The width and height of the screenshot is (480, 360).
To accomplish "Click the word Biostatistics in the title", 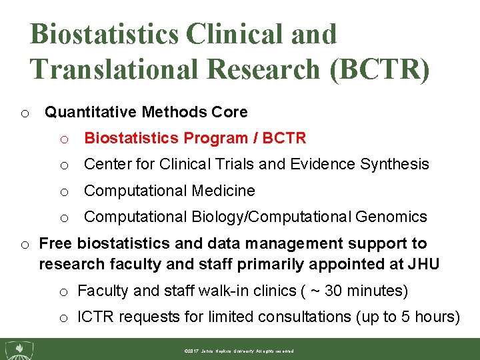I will click(x=104, y=35).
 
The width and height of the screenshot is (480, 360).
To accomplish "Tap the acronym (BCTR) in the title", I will click(x=379, y=69).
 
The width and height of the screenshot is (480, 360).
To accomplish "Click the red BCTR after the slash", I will click(x=284, y=138).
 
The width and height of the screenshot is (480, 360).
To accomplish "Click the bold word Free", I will click(x=56, y=244).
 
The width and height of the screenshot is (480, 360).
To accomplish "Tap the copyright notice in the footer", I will click(x=239, y=351).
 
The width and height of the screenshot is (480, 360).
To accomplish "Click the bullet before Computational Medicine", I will click(x=65, y=192).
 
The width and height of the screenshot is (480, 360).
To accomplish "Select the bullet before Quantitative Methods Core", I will click(x=25, y=113).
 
